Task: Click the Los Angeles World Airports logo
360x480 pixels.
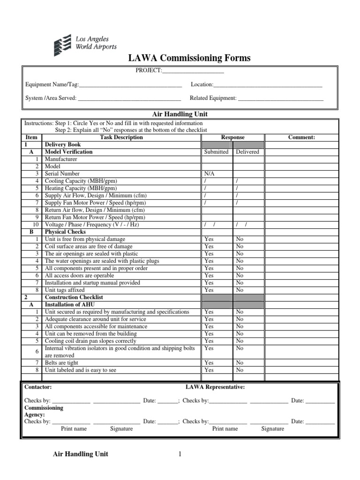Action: [85, 43]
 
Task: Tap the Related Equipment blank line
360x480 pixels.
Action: [281, 99]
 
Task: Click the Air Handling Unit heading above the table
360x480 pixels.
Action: [180, 114]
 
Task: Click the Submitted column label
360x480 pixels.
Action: [216, 152]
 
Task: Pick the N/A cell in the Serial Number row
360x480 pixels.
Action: [209, 173]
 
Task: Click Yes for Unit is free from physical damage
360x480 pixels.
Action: [209, 239]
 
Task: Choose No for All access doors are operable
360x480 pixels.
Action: [240, 276]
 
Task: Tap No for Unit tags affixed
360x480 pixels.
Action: [240, 290]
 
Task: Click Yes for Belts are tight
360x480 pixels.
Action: [209, 363]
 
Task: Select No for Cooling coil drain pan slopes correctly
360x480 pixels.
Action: [240, 341]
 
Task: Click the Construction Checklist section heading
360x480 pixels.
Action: [74, 298]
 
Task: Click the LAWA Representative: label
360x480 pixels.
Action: [215, 387]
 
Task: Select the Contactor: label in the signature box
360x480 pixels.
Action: [38, 387]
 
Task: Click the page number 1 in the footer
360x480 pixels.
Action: [179, 454]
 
